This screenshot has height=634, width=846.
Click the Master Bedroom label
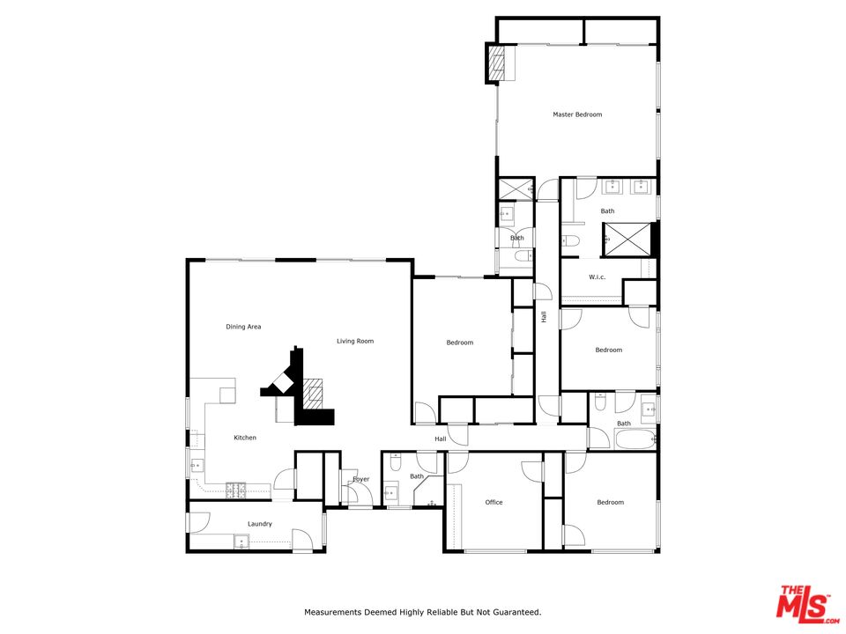577,114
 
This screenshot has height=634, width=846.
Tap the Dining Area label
243,327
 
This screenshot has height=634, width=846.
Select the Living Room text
355,342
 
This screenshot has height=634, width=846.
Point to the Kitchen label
245,438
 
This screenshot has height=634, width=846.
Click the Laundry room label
260,524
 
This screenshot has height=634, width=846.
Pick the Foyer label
361,479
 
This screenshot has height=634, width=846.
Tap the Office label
493,503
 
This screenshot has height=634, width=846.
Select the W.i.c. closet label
597,277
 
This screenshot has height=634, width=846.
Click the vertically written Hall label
544,317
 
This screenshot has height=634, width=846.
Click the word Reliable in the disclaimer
442,613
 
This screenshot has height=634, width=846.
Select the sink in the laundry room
241,542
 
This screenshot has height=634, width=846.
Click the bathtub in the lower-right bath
635,439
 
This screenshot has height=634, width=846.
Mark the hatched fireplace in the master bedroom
497,63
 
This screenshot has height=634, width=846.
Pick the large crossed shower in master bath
627,239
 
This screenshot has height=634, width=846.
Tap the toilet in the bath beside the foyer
396,462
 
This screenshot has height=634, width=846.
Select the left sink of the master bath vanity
612,187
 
